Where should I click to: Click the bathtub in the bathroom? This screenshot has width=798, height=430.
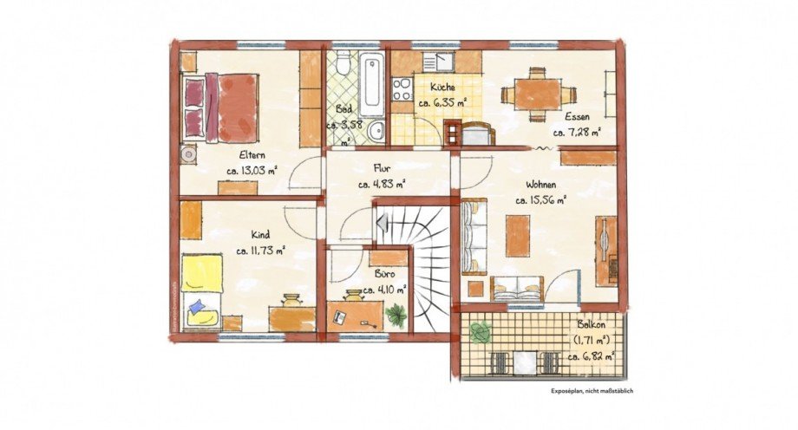tap(372, 85)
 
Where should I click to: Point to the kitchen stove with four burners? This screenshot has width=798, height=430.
tap(402, 89)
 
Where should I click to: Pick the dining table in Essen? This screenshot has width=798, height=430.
tap(531, 94)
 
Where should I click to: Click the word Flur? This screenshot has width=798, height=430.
tap(382, 168)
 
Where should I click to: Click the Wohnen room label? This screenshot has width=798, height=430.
tap(540, 184)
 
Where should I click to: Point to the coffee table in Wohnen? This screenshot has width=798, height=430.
tap(518, 236)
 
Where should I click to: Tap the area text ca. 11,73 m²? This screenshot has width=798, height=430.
tap(260, 251)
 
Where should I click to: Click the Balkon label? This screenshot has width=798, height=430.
tap(592, 325)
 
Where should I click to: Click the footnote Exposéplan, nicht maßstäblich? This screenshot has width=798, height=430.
tap(592, 391)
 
